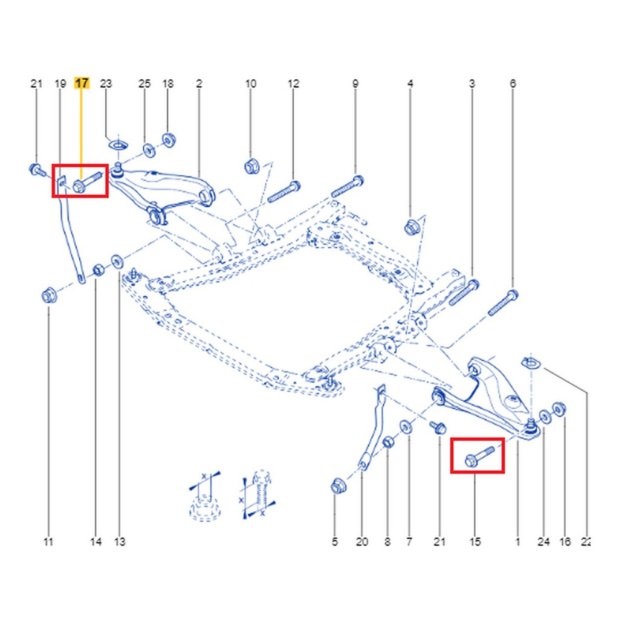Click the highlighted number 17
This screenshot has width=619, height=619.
coord(82,83)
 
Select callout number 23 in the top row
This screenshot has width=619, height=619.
coord(106,83)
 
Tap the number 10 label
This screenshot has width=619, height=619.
coord(251,83)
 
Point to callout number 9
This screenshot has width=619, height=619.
coord(355,83)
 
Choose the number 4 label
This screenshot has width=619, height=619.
coord(410,83)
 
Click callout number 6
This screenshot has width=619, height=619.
coord(513,83)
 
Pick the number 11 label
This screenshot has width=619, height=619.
coord(48,542)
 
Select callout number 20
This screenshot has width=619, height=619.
coord(361,542)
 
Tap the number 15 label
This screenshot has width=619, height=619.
coord(475,542)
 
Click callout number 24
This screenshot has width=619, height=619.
coord(544,542)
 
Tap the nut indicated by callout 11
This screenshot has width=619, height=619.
coord(48,296)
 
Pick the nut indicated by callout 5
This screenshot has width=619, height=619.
coord(337,485)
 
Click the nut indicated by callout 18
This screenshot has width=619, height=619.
coord(169,140)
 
